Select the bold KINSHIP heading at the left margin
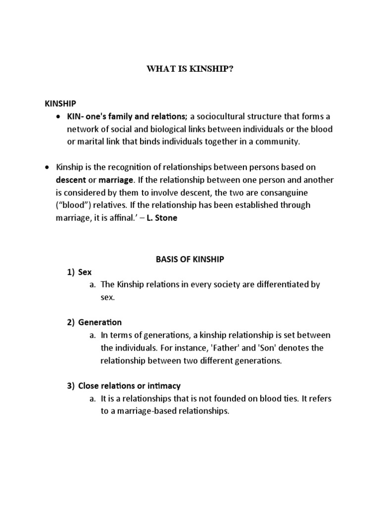[60, 103]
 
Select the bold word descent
[71, 180]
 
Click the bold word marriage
[115, 180]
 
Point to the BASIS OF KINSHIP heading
[190, 259]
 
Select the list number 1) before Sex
[71, 272]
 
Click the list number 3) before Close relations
[71, 386]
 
